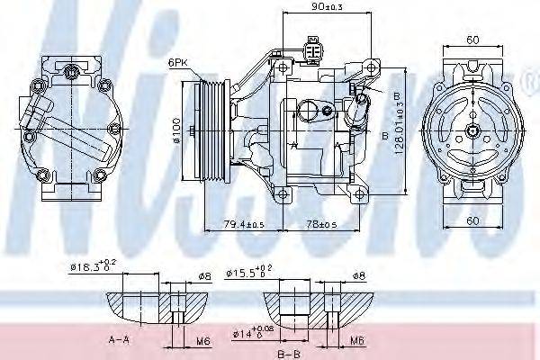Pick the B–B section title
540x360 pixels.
288,353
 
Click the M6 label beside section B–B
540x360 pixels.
358,341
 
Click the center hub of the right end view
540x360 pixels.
472,131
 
